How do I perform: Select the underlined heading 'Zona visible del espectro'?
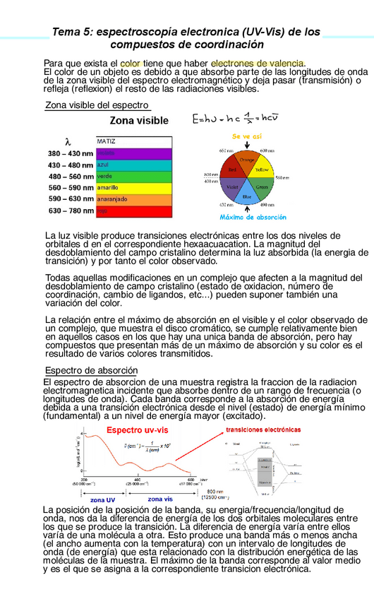tap(97, 105)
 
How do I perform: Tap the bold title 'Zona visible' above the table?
tap(139, 121)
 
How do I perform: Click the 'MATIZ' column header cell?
tap(133, 141)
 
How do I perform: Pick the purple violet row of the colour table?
tap(133, 153)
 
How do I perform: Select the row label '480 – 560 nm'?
tap(71, 177)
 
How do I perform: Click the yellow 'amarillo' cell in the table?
tap(133, 188)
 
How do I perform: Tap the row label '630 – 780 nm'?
tap(71, 210)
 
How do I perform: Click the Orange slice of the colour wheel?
tap(246, 160)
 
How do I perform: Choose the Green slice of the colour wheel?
tap(262, 187)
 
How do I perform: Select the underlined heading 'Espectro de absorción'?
tap(86, 371)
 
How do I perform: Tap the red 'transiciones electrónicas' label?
tap(264, 429)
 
